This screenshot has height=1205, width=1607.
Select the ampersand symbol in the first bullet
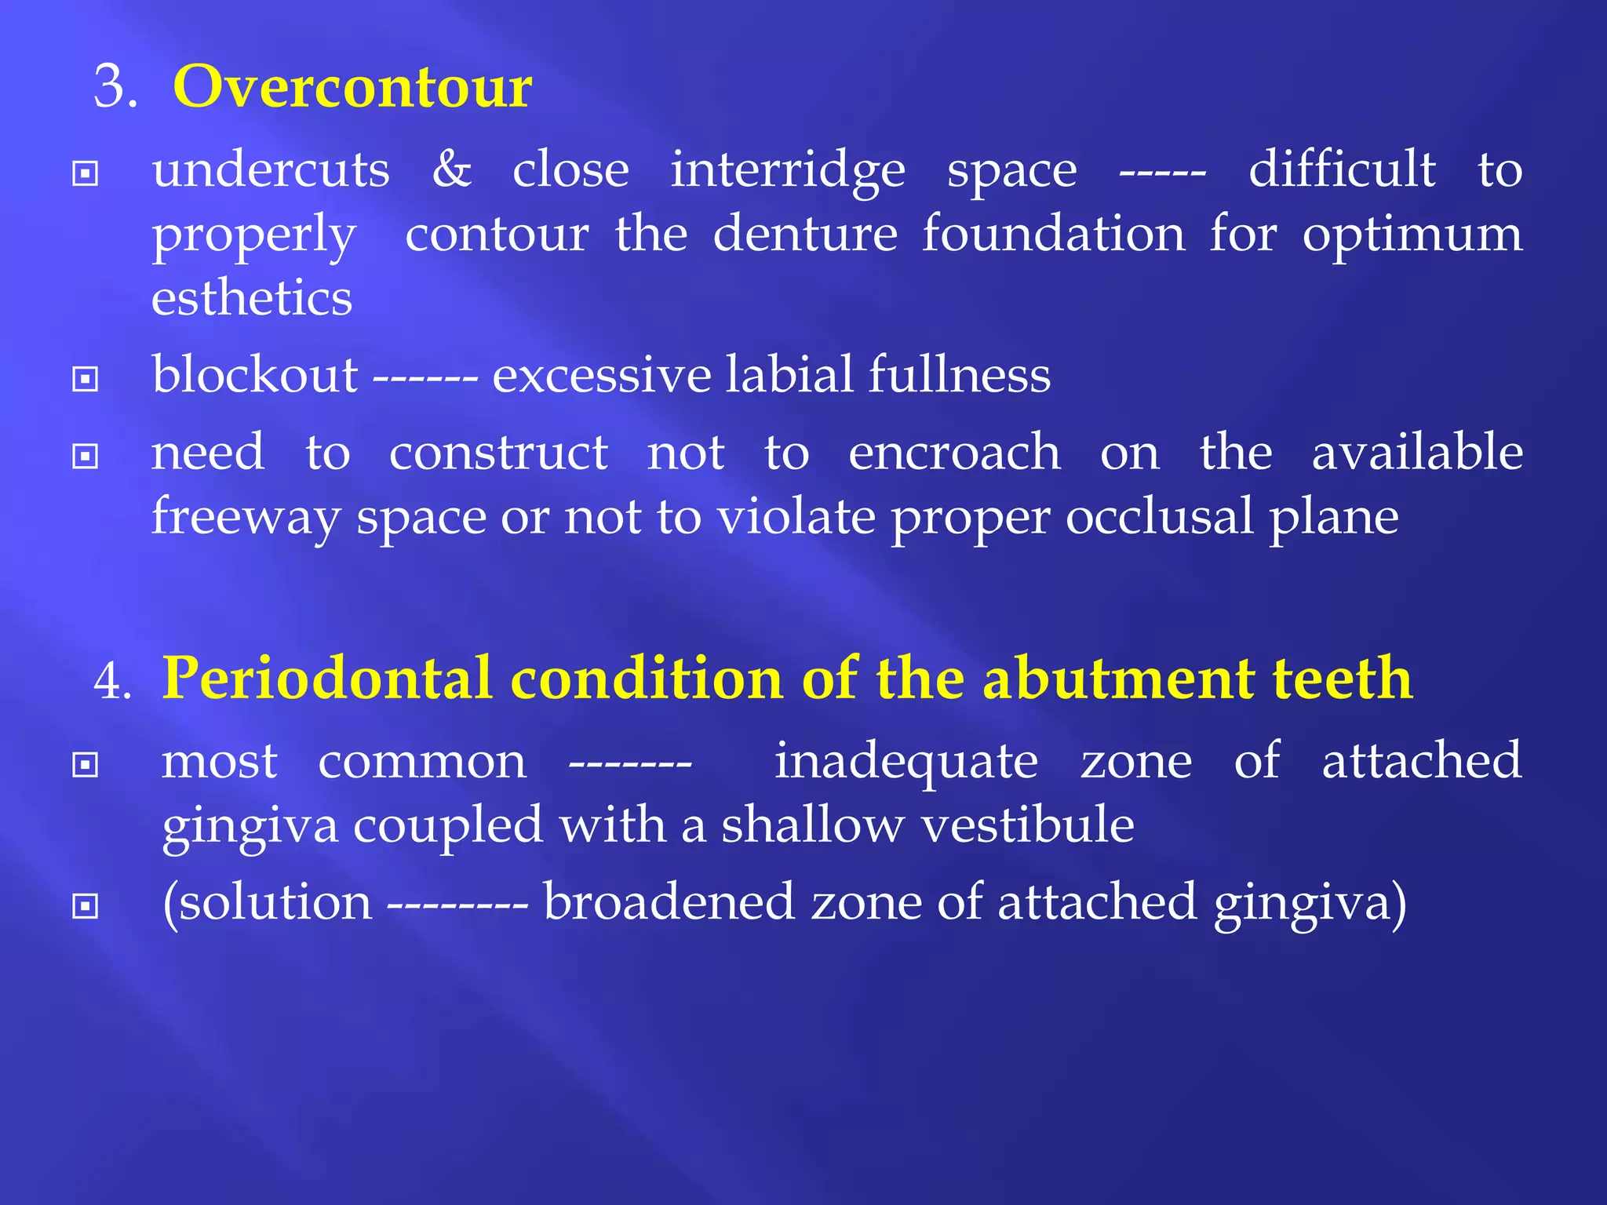coord(452,169)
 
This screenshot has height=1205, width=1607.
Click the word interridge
coord(788,170)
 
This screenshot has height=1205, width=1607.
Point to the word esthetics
coord(252,298)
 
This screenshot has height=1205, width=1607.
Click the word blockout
coord(255,374)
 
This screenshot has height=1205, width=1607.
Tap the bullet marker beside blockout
coord(85,380)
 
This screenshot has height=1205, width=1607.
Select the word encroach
coord(954,453)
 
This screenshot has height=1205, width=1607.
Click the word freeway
coord(246,518)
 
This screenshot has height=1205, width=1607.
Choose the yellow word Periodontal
coord(326,679)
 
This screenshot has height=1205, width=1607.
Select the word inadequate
coord(906,762)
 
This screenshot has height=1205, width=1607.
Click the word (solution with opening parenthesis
coord(267,902)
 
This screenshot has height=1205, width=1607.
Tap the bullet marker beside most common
coord(85,765)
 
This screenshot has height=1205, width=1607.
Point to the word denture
coord(805,234)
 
